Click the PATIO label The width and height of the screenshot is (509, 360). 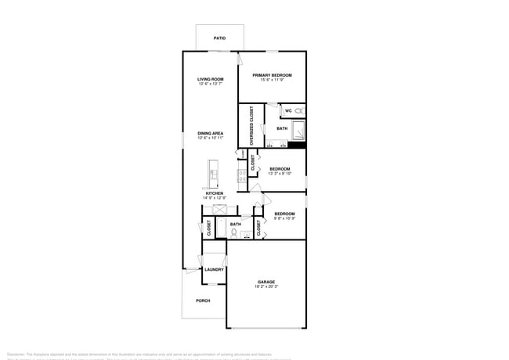point(219,38)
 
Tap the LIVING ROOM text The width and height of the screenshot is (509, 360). point(211,79)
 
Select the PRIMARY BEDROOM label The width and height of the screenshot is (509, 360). point(271,75)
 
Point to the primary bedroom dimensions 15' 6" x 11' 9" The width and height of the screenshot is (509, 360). point(271,80)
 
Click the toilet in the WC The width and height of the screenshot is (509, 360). point(299,111)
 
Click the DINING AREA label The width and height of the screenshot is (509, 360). point(211,133)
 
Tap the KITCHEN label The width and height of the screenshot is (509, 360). point(215,193)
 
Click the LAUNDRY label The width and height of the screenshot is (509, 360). point(214,270)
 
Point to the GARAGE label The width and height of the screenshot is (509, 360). point(266,282)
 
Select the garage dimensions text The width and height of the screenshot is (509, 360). point(266,286)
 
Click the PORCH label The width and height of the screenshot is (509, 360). point(203,301)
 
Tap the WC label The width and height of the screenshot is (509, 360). point(288,111)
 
